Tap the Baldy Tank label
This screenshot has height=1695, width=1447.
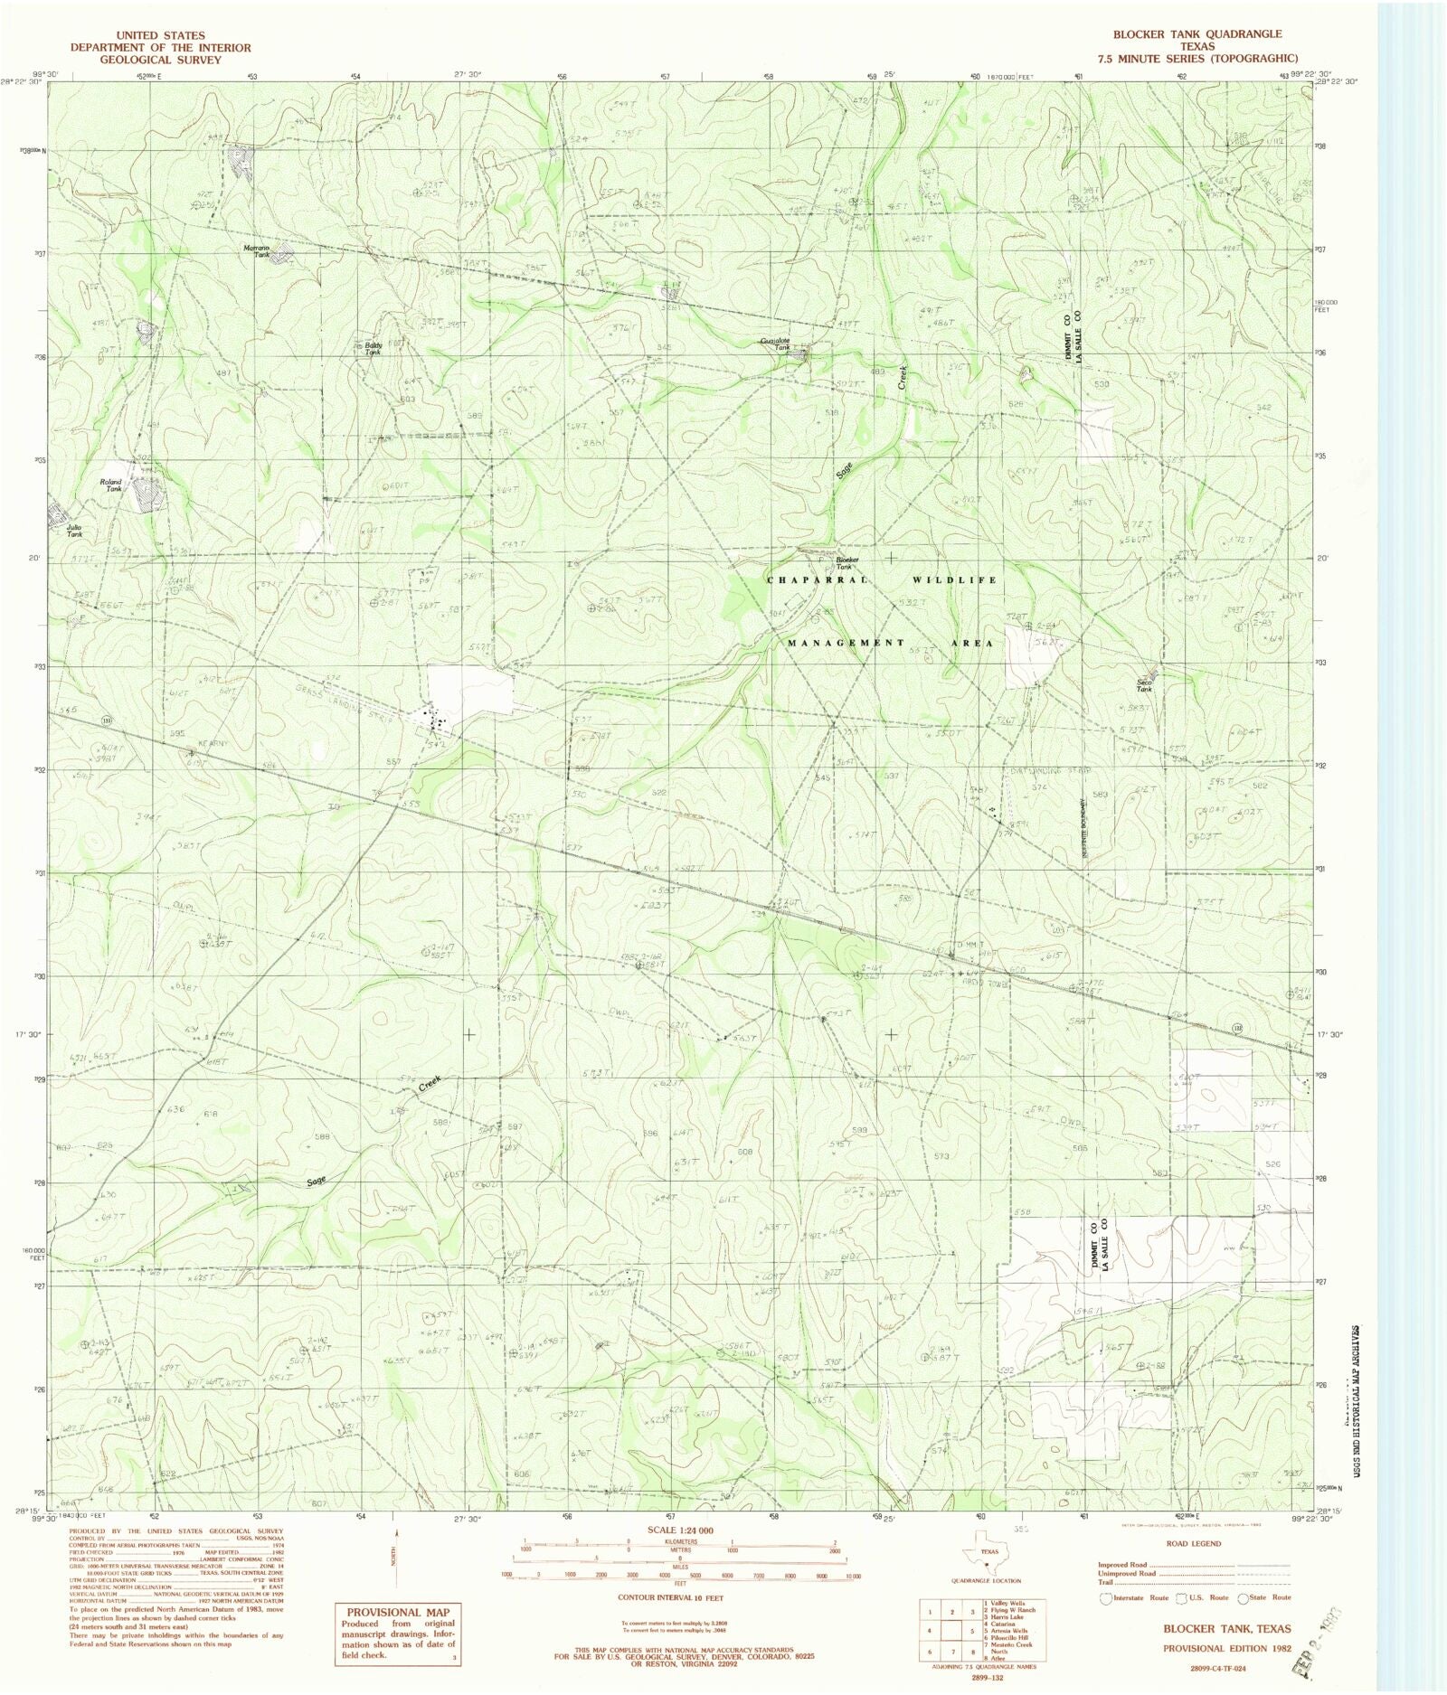[x=373, y=348]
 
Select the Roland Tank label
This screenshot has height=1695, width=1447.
[x=110, y=485]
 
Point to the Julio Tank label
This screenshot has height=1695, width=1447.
[x=74, y=530]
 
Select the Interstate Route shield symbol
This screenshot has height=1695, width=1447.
[x=1104, y=1597]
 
